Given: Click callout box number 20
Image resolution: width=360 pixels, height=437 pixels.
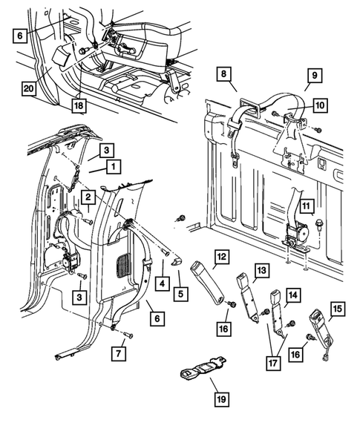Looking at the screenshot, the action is click(29, 88).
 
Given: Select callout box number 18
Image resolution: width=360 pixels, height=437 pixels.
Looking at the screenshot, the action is click(79, 105).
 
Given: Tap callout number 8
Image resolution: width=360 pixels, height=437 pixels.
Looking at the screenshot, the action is click(224, 74).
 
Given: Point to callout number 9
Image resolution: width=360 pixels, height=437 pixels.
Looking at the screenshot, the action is click(315, 75).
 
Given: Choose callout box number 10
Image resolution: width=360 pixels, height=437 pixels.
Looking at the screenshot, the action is click(320, 105).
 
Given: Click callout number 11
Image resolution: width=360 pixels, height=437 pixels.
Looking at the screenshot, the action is click(307, 206).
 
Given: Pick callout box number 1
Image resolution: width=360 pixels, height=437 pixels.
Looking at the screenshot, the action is click(113, 167).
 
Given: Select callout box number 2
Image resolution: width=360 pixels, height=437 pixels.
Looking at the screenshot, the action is click(88, 197).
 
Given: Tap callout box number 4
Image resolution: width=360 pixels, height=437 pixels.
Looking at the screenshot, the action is click(163, 283).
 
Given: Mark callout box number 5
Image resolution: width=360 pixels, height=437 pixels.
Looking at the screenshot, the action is click(180, 294).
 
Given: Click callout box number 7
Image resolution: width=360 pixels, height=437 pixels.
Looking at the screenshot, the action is click(119, 354).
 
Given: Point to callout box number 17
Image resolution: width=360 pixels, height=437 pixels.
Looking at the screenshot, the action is click(273, 363).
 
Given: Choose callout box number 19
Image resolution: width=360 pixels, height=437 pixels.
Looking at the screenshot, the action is click(222, 399).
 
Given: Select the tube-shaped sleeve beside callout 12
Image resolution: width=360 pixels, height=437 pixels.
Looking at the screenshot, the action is click(207, 283).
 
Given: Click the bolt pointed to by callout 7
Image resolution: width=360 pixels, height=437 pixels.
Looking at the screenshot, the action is click(128, 335).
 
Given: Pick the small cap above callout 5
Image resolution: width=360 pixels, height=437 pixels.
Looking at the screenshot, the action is click(176, 263).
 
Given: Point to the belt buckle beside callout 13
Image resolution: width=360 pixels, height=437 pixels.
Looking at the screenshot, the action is click(249, 297).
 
